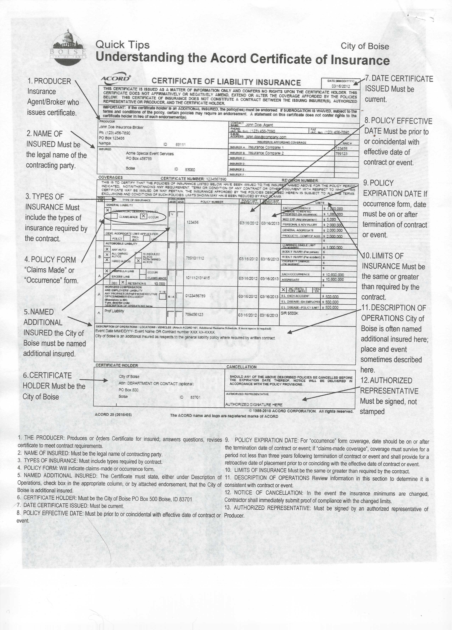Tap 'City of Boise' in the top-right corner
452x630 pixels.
[x=365, y=46]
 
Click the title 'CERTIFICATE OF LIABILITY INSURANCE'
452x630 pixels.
[x=226, y=82]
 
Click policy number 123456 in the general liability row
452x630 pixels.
[x=193, y=222]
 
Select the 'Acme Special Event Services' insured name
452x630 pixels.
[x=150, y=154]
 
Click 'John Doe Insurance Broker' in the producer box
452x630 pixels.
[x=121, y=127]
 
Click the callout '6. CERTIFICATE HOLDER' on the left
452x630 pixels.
[x=47, y=376]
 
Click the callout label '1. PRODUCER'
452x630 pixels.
[x=49, y=81]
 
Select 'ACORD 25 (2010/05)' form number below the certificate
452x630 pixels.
[x=113, y=415]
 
